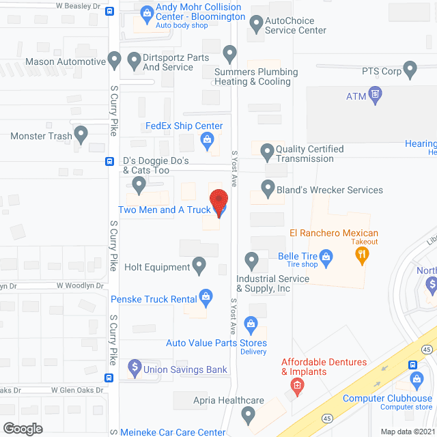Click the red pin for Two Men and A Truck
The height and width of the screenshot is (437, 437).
click(x=218, y=202)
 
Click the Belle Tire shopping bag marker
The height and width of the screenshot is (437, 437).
click(x=326, y=256)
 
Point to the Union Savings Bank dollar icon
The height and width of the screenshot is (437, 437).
click(x=135, y=370)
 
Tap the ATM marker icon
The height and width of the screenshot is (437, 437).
click(x=374, y=94)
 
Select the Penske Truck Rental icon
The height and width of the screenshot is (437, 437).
click(x=205, y=296)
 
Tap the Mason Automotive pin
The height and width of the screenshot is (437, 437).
click(x=115, y=61)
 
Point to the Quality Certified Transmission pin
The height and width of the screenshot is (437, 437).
click(x=266, y=151)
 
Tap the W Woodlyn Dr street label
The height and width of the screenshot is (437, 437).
click(x=80, y=286)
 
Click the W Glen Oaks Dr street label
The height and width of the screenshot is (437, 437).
click(x=77, y=391)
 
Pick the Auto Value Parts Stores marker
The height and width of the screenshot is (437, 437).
click(x=251, y=324)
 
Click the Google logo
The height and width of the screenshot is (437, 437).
click(x=22, y=428)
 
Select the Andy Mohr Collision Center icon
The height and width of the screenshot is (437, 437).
click(x=146, y=12)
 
